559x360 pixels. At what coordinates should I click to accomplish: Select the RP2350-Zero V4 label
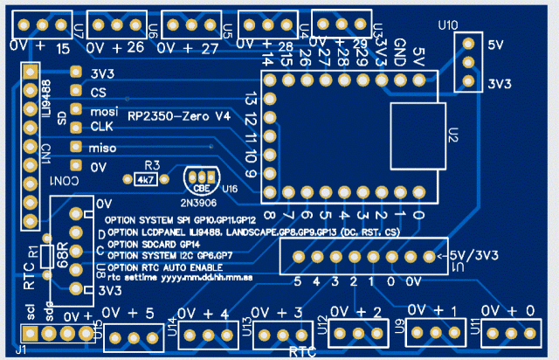(179, 116)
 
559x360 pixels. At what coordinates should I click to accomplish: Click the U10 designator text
(446, 27)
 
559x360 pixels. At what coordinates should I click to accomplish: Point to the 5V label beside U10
(496, 44)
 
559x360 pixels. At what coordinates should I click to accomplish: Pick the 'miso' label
(102, 148)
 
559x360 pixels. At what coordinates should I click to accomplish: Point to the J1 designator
(20, 350)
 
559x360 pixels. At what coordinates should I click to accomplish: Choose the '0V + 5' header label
(128, 313)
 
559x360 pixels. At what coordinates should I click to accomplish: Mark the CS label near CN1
(99, 92)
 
